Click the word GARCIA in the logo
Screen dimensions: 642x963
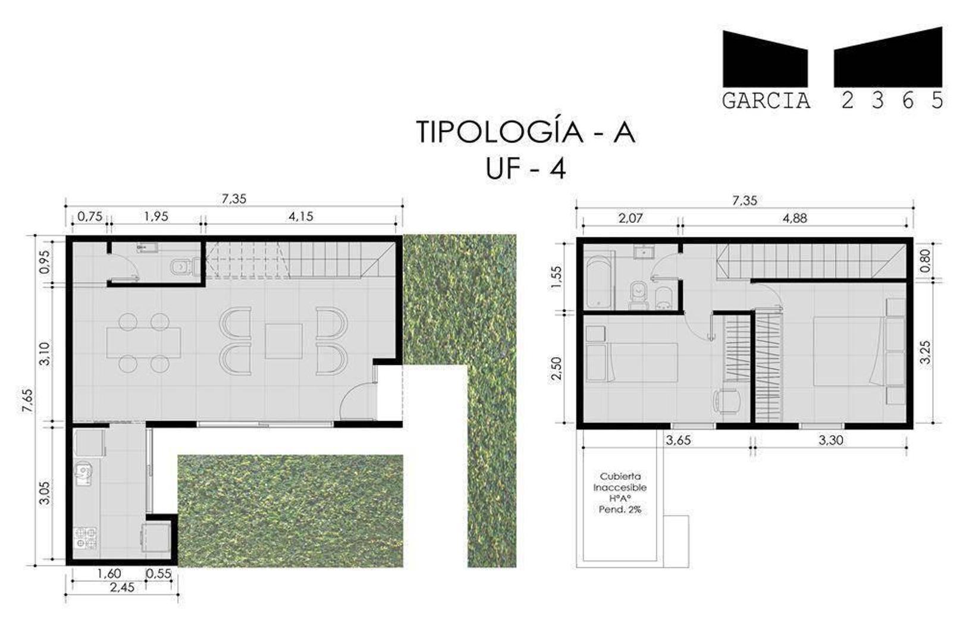(766, 101)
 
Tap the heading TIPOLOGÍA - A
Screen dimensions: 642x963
(525, 132)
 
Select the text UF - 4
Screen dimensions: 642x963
(525, 169)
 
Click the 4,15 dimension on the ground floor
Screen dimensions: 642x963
(300, 216)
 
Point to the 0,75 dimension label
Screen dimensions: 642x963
(90, 216)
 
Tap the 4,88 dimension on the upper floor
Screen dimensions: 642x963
(795, 218)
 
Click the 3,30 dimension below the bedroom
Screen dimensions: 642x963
(830, 440)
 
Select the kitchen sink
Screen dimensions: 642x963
(83, 473)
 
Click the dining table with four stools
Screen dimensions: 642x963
(144, 343)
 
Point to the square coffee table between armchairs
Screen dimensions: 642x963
(283, 341)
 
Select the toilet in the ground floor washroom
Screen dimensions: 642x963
(181, 268)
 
